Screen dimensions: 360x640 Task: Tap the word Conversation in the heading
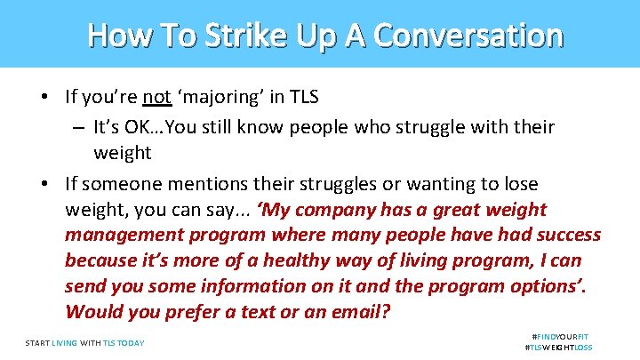tap(468, 36)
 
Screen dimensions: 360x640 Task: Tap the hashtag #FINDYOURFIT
tap(560, 337)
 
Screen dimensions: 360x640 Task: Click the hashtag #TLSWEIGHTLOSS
tap(559, 348)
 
